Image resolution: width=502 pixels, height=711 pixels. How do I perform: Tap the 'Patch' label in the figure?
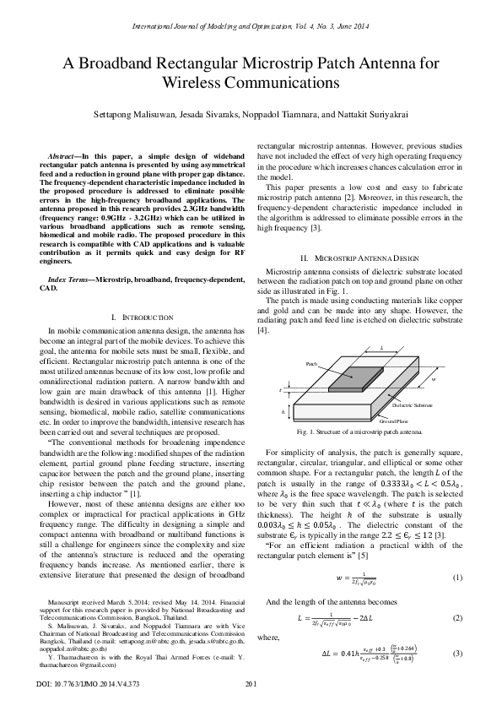[311, 362]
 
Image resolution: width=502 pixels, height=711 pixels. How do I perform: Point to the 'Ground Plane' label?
[394, 420]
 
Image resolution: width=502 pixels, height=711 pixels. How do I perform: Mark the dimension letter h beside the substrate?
[283, 412]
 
